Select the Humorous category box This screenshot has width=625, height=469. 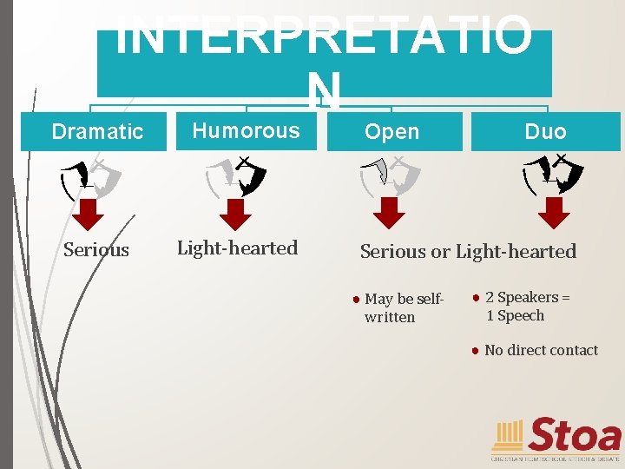[247, 131]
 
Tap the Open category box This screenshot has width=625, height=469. [392, 132]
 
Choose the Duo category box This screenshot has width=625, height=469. [545, 132]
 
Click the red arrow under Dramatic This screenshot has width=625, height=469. [88, 213]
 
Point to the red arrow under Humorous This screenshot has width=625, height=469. [235, 213]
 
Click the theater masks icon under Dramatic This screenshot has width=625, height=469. [90, 177]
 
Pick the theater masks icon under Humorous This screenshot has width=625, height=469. [236, 177]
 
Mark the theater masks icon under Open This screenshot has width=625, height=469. [390, 176]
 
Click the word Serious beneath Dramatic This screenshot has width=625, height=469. [96, 250]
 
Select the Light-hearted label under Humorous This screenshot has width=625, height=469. [237, 248]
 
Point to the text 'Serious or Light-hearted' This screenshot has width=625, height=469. [468, 252]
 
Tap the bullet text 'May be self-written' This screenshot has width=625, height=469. [404, 308]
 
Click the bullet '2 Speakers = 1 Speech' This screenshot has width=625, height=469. [527, 307]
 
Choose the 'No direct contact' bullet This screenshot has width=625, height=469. [541, 350]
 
